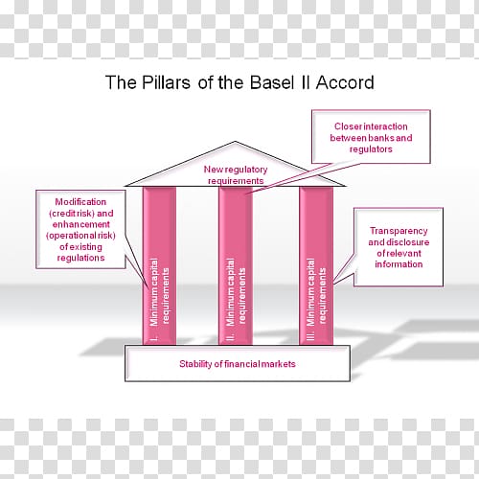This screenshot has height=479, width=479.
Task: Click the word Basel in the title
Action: (272, 82)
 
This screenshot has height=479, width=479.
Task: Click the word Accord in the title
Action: (345, 82)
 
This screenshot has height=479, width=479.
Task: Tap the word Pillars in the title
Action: (166, 82)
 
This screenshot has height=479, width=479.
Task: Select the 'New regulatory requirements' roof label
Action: (236, 175)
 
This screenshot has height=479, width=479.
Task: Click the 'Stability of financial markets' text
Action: (238, 364)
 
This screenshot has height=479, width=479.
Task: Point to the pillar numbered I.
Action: (159, 265)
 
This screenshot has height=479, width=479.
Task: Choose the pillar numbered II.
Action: (236, 265)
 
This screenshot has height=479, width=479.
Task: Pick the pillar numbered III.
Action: (316, 265)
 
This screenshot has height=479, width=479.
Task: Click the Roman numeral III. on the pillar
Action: (310, 336)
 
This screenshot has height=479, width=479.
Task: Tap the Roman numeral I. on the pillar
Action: (154, 338)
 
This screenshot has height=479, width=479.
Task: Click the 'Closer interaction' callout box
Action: (371, 137)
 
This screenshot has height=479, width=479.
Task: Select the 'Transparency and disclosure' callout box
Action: (399, 247)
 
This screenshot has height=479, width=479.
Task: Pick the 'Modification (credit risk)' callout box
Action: (80, 229)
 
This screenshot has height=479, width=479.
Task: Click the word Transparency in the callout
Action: (399, 231)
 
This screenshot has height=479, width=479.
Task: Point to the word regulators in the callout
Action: (371, 149)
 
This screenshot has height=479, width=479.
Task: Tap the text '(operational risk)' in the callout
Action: (80, 236)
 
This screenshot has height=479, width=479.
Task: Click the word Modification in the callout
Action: (80, 202)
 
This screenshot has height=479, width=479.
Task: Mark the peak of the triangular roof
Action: (235, 142)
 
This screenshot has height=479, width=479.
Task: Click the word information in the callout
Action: (399, 264)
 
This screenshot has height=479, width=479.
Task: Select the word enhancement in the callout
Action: (81, 224)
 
